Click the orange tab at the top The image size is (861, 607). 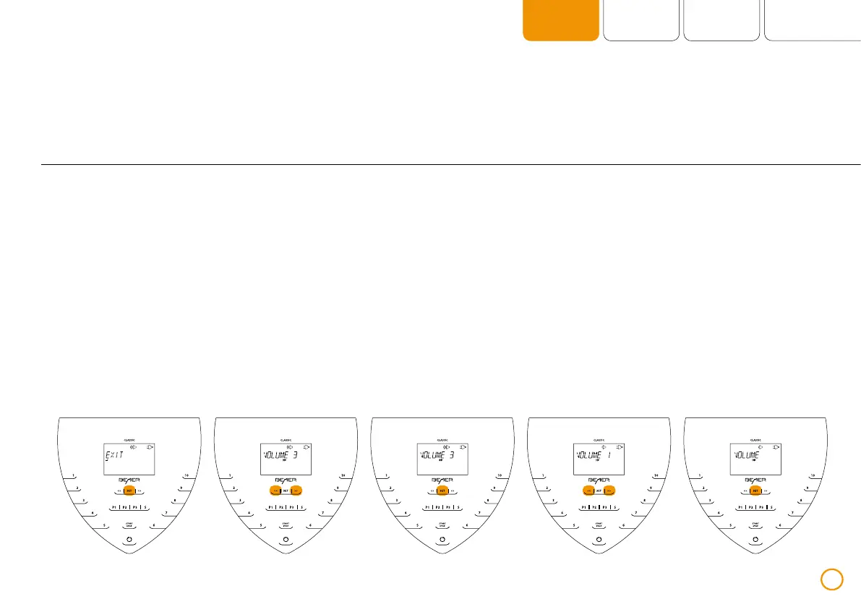coord(561,20)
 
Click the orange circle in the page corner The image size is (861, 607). coord(832,579)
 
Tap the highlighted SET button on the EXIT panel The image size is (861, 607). coord(129,490)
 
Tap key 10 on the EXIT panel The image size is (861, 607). coord(186,475)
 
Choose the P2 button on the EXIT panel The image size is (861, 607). coord(124,508)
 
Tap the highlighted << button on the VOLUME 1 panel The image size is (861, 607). coord(589,490)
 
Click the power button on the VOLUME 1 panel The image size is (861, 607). coord(599,540)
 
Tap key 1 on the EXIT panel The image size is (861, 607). coord(73,475)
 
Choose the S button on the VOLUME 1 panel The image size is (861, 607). coord(614,508)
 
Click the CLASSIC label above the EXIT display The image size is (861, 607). coord(129,439)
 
